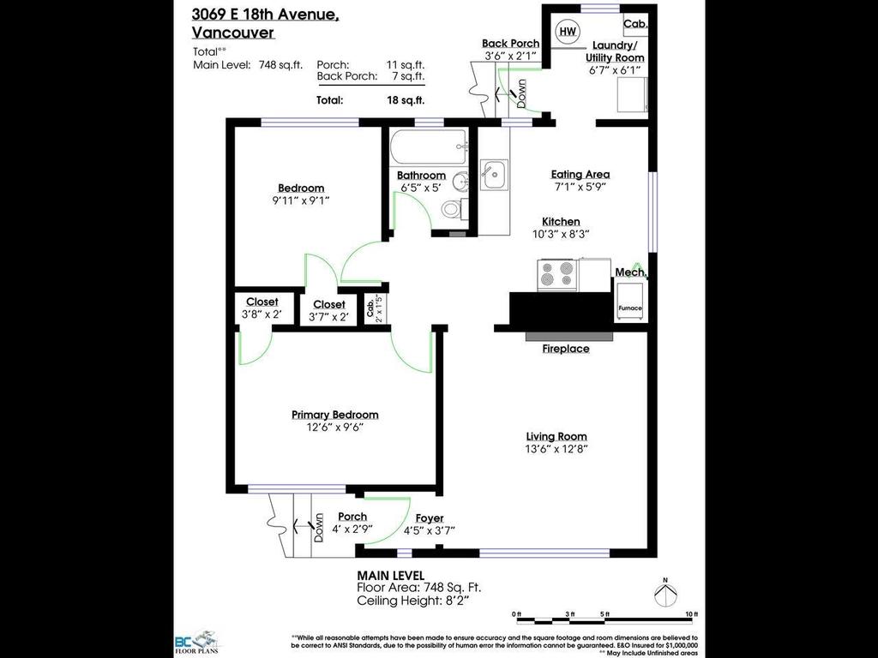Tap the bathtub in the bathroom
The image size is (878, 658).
(x=429, y=147)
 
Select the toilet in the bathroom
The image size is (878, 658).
(x=452, y=209)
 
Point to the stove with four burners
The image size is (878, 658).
(x=557, y=274)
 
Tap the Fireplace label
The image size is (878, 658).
(x=566, y=349)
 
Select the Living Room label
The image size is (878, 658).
(x=556, y=436)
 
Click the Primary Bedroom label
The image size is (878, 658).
(x=334, y=415)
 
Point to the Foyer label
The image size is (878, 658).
(x=430, y=517)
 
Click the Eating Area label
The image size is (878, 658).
(x=580, y=174)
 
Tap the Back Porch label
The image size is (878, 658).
(x=511, y=43)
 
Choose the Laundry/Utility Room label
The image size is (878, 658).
(x=616, y=51)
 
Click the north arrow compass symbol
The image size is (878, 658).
(x=665, y=591)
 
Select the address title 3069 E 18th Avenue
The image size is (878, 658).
(x=266, y=15)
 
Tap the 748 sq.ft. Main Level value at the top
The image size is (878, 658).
(x=278, y=64)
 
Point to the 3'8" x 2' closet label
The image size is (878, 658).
(x=262, y=314)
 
